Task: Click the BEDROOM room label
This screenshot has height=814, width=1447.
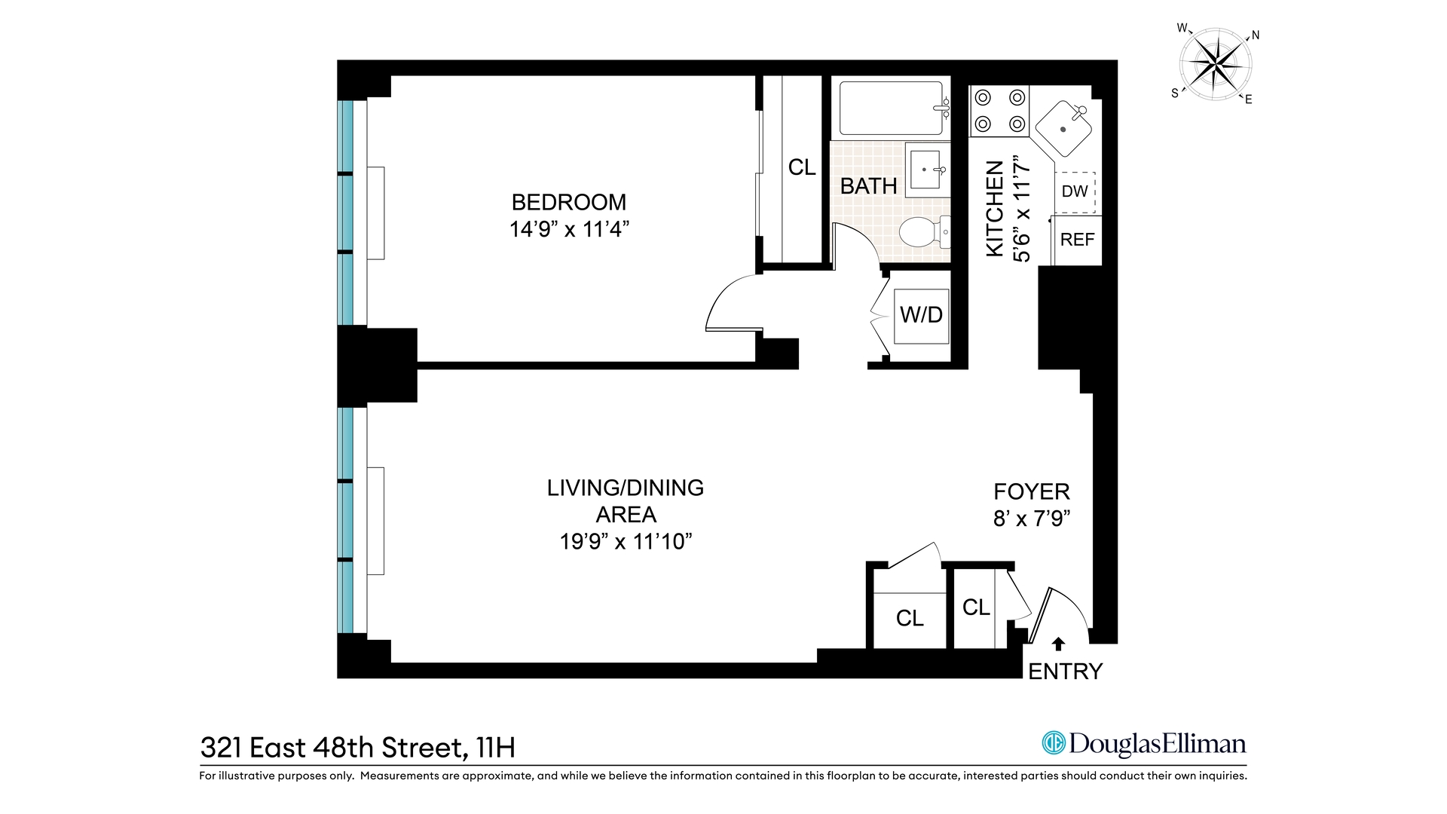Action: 569,202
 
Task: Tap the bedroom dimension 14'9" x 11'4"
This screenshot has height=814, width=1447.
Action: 569,229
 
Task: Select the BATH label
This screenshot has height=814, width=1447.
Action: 868,186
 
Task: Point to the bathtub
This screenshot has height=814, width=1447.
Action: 892,108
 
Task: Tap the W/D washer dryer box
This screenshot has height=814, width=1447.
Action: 921,315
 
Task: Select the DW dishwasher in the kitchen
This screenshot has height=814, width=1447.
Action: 1075,191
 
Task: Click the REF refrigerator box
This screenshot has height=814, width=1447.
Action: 1077,240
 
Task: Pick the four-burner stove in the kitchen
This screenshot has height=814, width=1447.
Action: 999,110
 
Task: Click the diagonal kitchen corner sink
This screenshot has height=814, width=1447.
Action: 1063,129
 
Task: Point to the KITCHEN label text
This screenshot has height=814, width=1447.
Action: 996,209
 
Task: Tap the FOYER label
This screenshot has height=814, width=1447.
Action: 1032,491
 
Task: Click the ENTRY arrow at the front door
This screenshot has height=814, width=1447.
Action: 1059,644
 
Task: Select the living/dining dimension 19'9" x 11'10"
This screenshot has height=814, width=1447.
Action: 626,542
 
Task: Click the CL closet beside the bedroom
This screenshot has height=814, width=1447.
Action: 801,167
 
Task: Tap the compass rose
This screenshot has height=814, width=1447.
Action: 1215,65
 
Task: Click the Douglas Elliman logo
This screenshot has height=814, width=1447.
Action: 1143,744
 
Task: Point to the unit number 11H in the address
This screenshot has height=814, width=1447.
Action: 495,748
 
